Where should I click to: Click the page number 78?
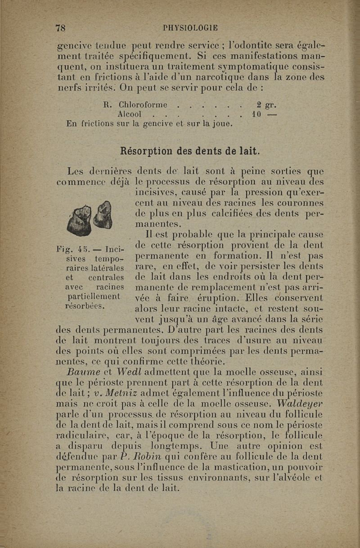pos(60,27)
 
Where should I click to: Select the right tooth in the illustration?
pos(102,216)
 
